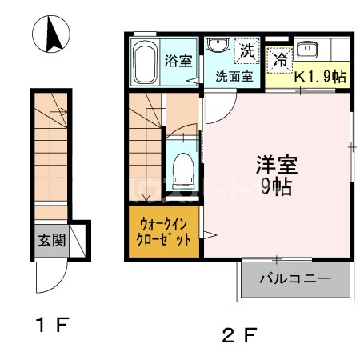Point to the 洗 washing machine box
pos(248,51)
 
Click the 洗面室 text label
pos(234,78)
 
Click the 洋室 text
pos(277,166)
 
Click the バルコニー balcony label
pos(295,280)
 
